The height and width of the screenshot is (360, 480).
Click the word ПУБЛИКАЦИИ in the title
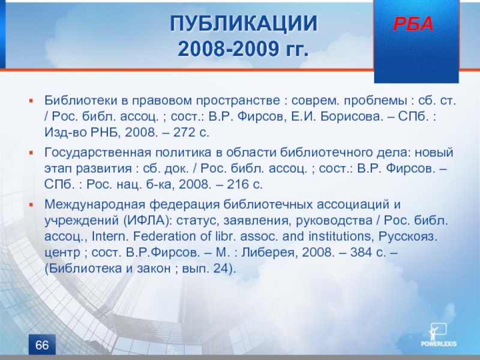pyautogui.click(x=244, y=23)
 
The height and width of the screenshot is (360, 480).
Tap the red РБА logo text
pyautogui.click(x=413, y=24)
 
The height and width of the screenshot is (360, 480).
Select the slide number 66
pyautogui.click(x=42, y=345)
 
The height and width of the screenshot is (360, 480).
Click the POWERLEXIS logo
pyautogui.click(x=439, y=335)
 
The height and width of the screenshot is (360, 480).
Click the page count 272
pyautogui.click(x=184, y=132)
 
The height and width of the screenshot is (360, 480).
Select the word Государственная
pyautogui.click(x=98, y=153)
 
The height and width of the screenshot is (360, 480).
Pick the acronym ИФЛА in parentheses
pyautogui.click(x=146, y=220)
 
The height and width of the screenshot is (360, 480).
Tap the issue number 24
pyautogui.click(x=221, y=268)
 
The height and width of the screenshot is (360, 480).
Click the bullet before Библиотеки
pyautogui.click(x=31, y=100)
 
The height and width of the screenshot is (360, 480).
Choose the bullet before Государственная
pyautogui.click(x=31, y=152)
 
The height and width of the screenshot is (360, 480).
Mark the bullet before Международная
pyautogui.click(x=31, y=205)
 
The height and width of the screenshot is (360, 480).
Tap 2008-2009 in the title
pyautogui.click(x=227, y=49)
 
